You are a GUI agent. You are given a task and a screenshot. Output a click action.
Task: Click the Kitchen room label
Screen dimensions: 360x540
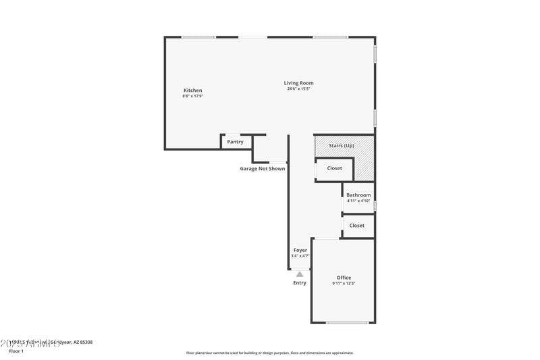click(x=193, y=91)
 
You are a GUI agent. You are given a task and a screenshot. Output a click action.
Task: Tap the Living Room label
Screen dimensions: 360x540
click(x=298, y=83)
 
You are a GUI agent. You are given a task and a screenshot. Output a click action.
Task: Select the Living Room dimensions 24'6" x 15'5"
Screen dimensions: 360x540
click(x=298, y=89)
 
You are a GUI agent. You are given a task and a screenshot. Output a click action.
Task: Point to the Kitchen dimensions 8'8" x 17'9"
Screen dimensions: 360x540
click(x=193, y=97)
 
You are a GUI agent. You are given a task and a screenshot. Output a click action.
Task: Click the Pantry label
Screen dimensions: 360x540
click(x=235, y=142)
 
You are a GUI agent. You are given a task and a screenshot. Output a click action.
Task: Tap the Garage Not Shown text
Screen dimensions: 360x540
click(x=263, y=169)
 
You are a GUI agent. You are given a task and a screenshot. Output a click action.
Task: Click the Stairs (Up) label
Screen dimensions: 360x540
click(x=341, y=146)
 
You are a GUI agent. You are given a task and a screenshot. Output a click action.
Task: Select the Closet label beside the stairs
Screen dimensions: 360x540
click(x=334, y=168)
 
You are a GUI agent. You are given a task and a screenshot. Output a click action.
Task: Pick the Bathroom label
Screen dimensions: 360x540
click(x=358, y=195)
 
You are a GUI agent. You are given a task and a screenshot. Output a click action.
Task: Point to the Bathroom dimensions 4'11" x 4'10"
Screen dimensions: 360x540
click(x=358, y=201)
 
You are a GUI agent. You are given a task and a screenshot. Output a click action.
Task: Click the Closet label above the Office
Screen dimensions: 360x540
click(x=357, y=226)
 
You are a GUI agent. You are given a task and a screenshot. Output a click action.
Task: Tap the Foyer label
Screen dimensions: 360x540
click(x=300, y=250)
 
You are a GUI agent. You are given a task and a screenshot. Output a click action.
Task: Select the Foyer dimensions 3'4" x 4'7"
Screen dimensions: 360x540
click(x=300, y=255)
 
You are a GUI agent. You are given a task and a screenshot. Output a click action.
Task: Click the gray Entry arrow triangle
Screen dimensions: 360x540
click(x=300, y=274)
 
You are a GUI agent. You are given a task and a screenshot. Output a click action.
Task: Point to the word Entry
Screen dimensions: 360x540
click(x=300, y=283)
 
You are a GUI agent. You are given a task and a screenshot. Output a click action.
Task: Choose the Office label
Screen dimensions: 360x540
click(x=344, y=278)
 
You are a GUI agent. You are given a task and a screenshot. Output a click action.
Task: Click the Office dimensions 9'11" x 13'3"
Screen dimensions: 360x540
click(x=344, y=284)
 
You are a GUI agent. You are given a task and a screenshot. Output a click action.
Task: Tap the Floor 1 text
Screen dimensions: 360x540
click(x=16, y=351)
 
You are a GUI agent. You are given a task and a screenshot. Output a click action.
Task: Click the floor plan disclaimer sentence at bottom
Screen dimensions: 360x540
click(x=269, y=353)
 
